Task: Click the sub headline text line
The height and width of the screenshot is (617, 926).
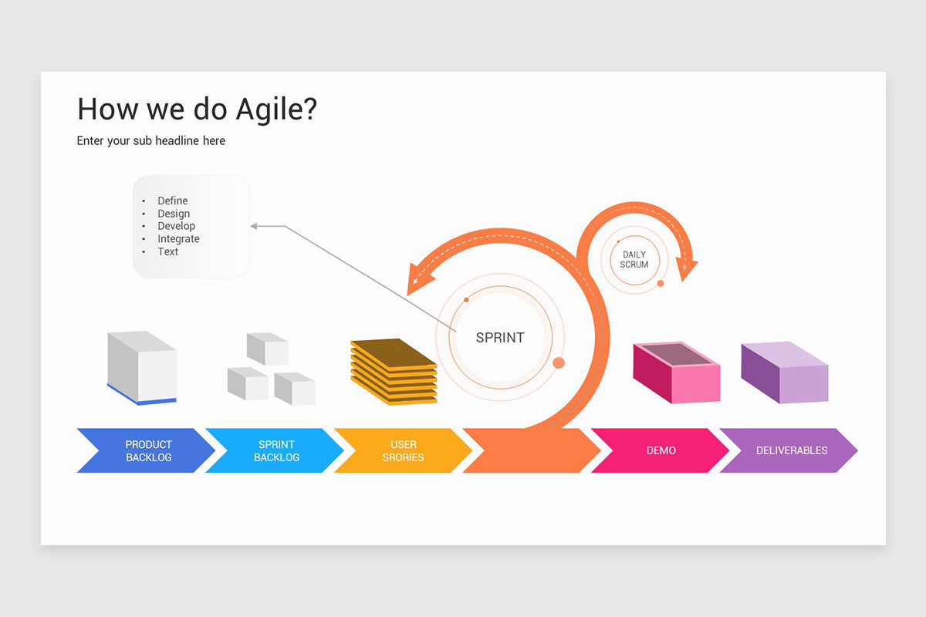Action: click(151, 140)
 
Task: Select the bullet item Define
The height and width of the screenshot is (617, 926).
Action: click(172, 201)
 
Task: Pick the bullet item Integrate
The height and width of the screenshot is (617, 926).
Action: click(178, 239)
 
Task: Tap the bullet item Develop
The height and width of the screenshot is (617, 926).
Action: click(176, 226)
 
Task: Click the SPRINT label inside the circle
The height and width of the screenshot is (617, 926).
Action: click(500, 338)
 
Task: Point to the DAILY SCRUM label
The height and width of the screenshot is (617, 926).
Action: click(634, 259)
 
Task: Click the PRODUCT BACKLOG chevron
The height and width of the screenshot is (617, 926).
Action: click(147, 450)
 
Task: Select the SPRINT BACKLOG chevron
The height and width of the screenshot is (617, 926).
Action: click(275, 450)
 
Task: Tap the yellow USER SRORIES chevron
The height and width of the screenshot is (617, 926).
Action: click(403, 450)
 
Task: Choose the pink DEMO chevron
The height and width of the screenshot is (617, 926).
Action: click(661, 450)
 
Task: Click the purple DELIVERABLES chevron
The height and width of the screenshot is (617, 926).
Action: click(791, 450)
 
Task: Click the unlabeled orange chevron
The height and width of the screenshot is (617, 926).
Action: click(531, 450)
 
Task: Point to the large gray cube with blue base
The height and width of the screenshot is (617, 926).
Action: click(142, 367)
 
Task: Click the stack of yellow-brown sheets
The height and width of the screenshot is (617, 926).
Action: click(394, 371)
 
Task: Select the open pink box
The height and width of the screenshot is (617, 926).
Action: click(676, 373)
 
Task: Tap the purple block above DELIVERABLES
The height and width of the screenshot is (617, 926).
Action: click(784, 373)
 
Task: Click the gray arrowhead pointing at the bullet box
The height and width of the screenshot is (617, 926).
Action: click(255, 226)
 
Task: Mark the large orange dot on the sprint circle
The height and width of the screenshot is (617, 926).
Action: click(559, 362)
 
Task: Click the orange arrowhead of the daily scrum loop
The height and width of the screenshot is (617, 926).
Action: click(686, 269)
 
